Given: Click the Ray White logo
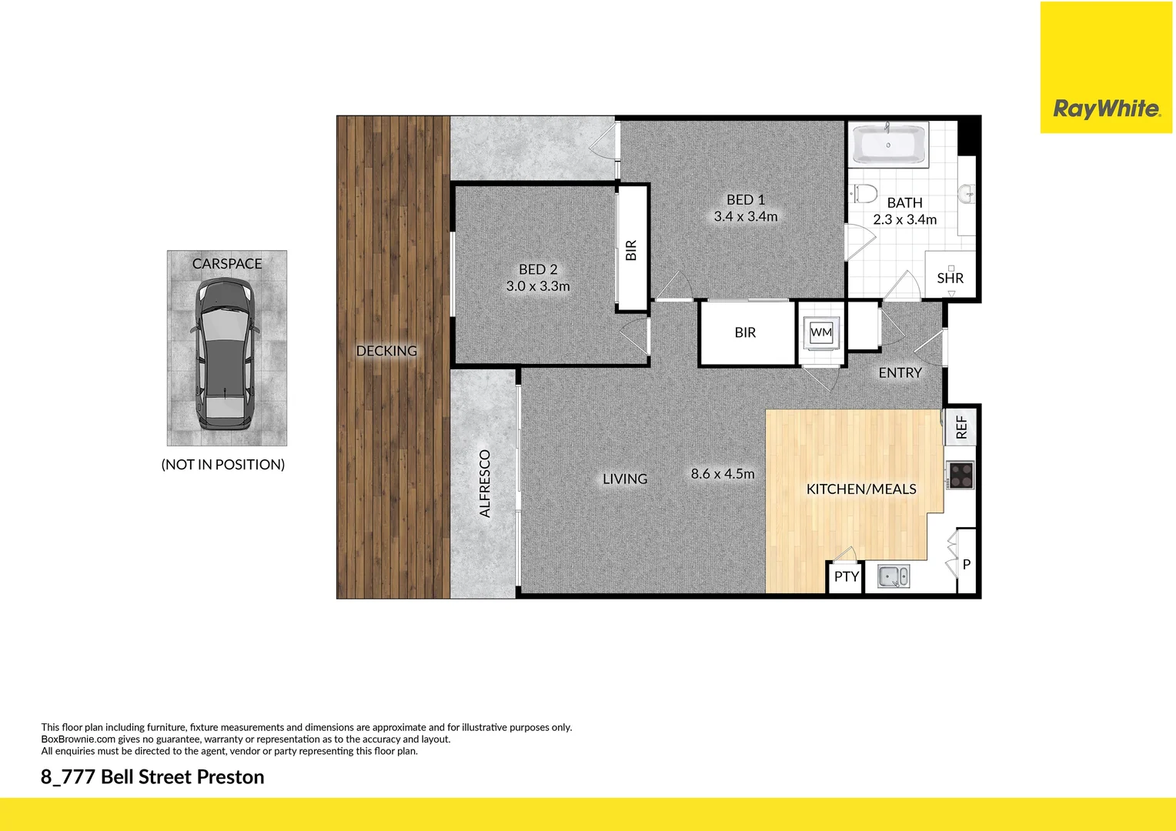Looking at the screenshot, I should pyautogui.click(x=1106, y=108).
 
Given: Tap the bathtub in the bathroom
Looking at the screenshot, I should pyautogui.click(x=888, y=145).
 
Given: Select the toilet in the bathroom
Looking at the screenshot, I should pyautogui.click(x=865, y=192).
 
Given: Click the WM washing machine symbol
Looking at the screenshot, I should pyautogui.click(x=821, y=332).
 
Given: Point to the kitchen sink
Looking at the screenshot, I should pyautogui.click(x=894, y=576).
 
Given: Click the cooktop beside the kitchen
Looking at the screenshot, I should pyautogui.click(x=960, y=475).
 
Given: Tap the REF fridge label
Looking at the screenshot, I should pyautogui.click(x=961, y=428).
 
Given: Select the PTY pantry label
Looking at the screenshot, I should pyautogui.click(x=846, y=576).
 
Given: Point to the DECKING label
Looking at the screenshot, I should pyautogui.click(x=386, y=351).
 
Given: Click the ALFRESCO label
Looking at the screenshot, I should pyautogui.click(x=485, y=483).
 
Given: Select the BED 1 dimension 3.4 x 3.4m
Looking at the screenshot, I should pyautogui.click(x=745, y=217).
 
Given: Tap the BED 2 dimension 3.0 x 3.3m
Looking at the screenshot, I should pyautogui.click(x=538, y=286).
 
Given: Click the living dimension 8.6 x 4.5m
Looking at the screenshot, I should pyautogui.click(x=722, y=474).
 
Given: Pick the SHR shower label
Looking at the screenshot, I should pyautogui.click(x=950, y=279).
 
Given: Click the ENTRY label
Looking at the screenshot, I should pyautogui.click(x=900, y=373).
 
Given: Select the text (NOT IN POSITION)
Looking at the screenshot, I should pyautogui.click(x=223, y=465).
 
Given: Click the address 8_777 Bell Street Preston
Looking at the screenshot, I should pyautogui.click(x=152, y=777).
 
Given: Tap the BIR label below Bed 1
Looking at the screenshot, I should pyautogui.click(x=745, y=332).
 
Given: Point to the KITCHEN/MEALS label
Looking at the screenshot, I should pyautogui.click(x=860, y=489).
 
